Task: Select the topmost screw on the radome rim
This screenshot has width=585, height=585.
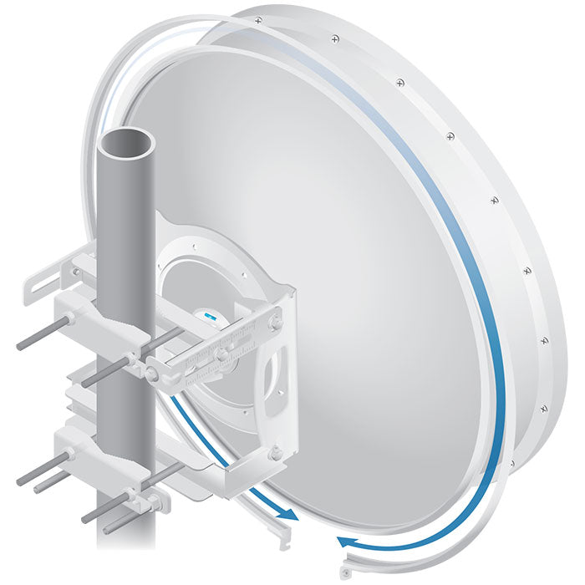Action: pos(257,18)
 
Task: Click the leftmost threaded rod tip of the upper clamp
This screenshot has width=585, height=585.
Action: pos(20,344)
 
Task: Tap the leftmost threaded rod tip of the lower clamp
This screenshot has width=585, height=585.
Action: pos(20,481)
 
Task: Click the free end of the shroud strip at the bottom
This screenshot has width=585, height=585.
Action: pos(344,575)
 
